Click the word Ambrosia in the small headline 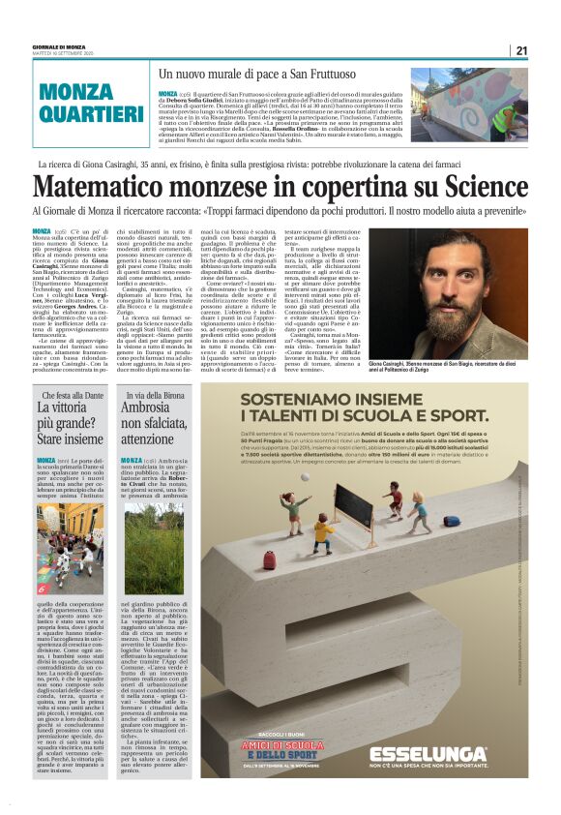tap(145, 408)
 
